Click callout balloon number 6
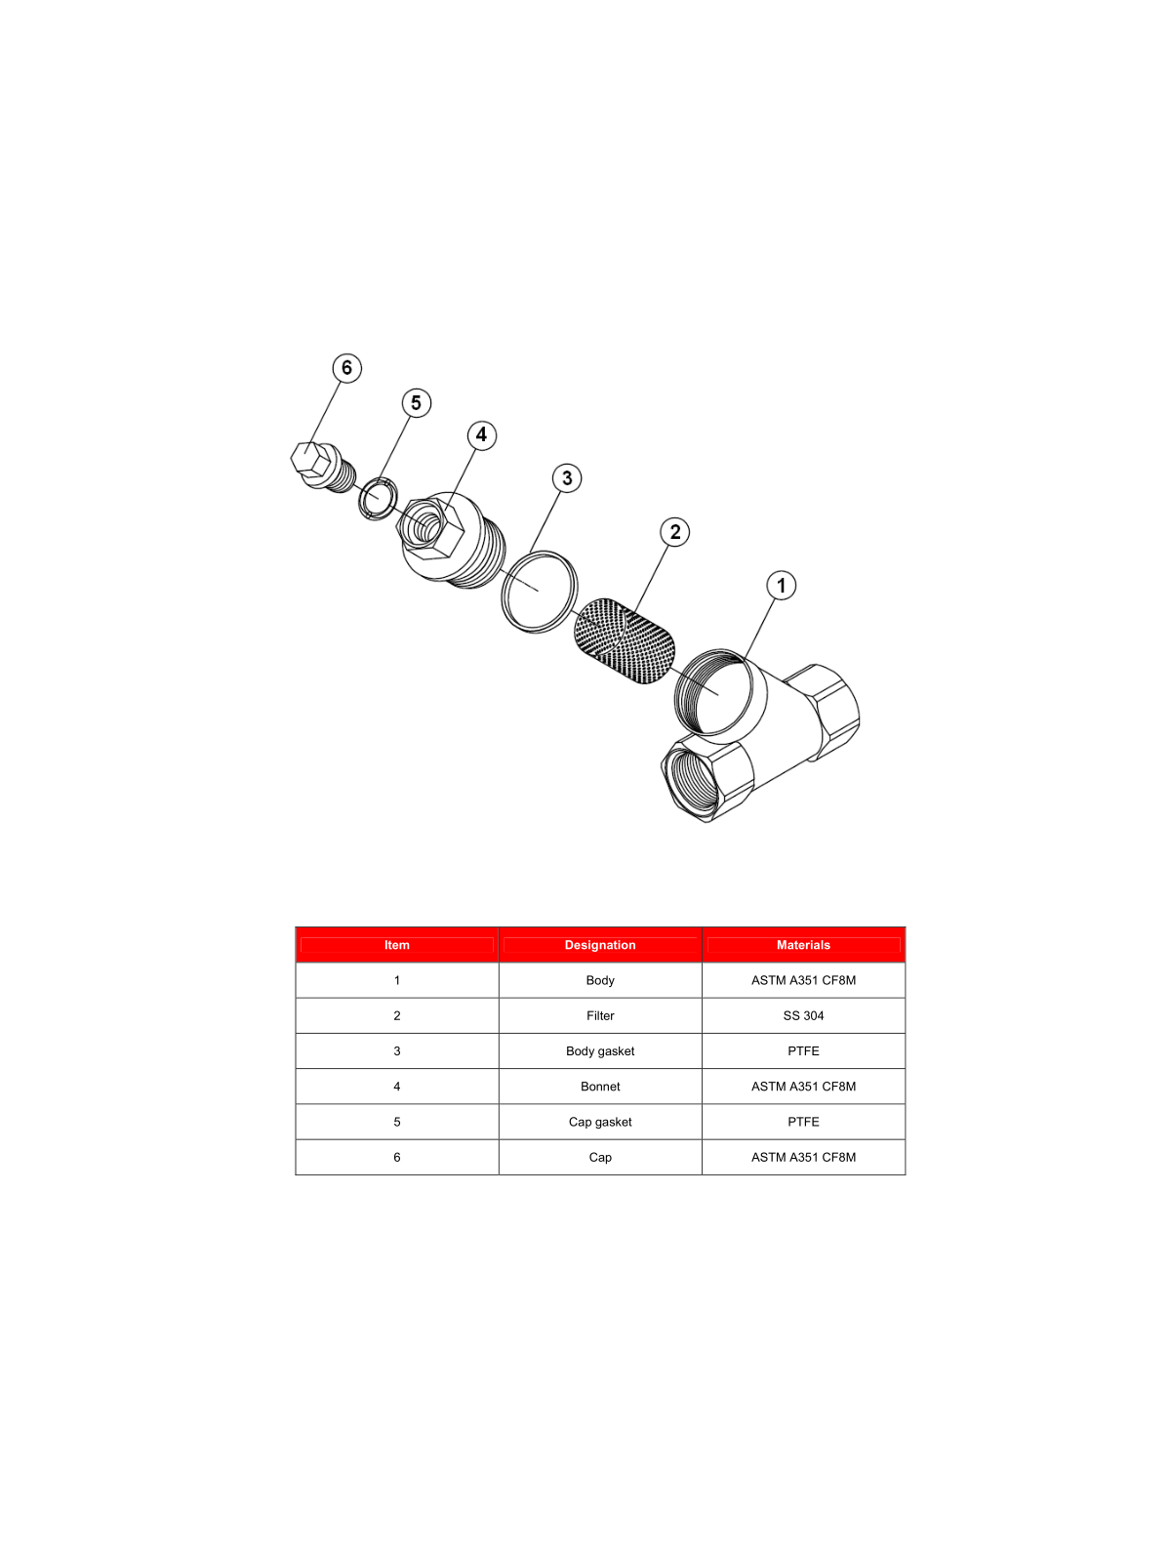[x=347, y=368]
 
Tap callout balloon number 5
[x=416, y=403]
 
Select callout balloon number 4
[x=481, y=434]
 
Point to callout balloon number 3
[x=567, y=478]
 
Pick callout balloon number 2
[x=674, y=532]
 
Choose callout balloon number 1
[x=782, y=586]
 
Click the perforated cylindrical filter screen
[x=625, y=640]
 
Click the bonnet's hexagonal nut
[x=430, y=529]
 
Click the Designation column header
[x=600, y=944]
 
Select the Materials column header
[x=803, y=944]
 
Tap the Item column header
[x=397, y=944]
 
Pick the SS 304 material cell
[x=803, y=1015]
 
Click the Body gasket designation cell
[x=600, y=1051]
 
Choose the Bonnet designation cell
[x=600, y=1086]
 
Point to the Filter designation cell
[x=600, y=1015]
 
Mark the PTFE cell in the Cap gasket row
[x=803, y=1122]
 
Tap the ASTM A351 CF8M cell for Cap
[x=803, y=1157]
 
